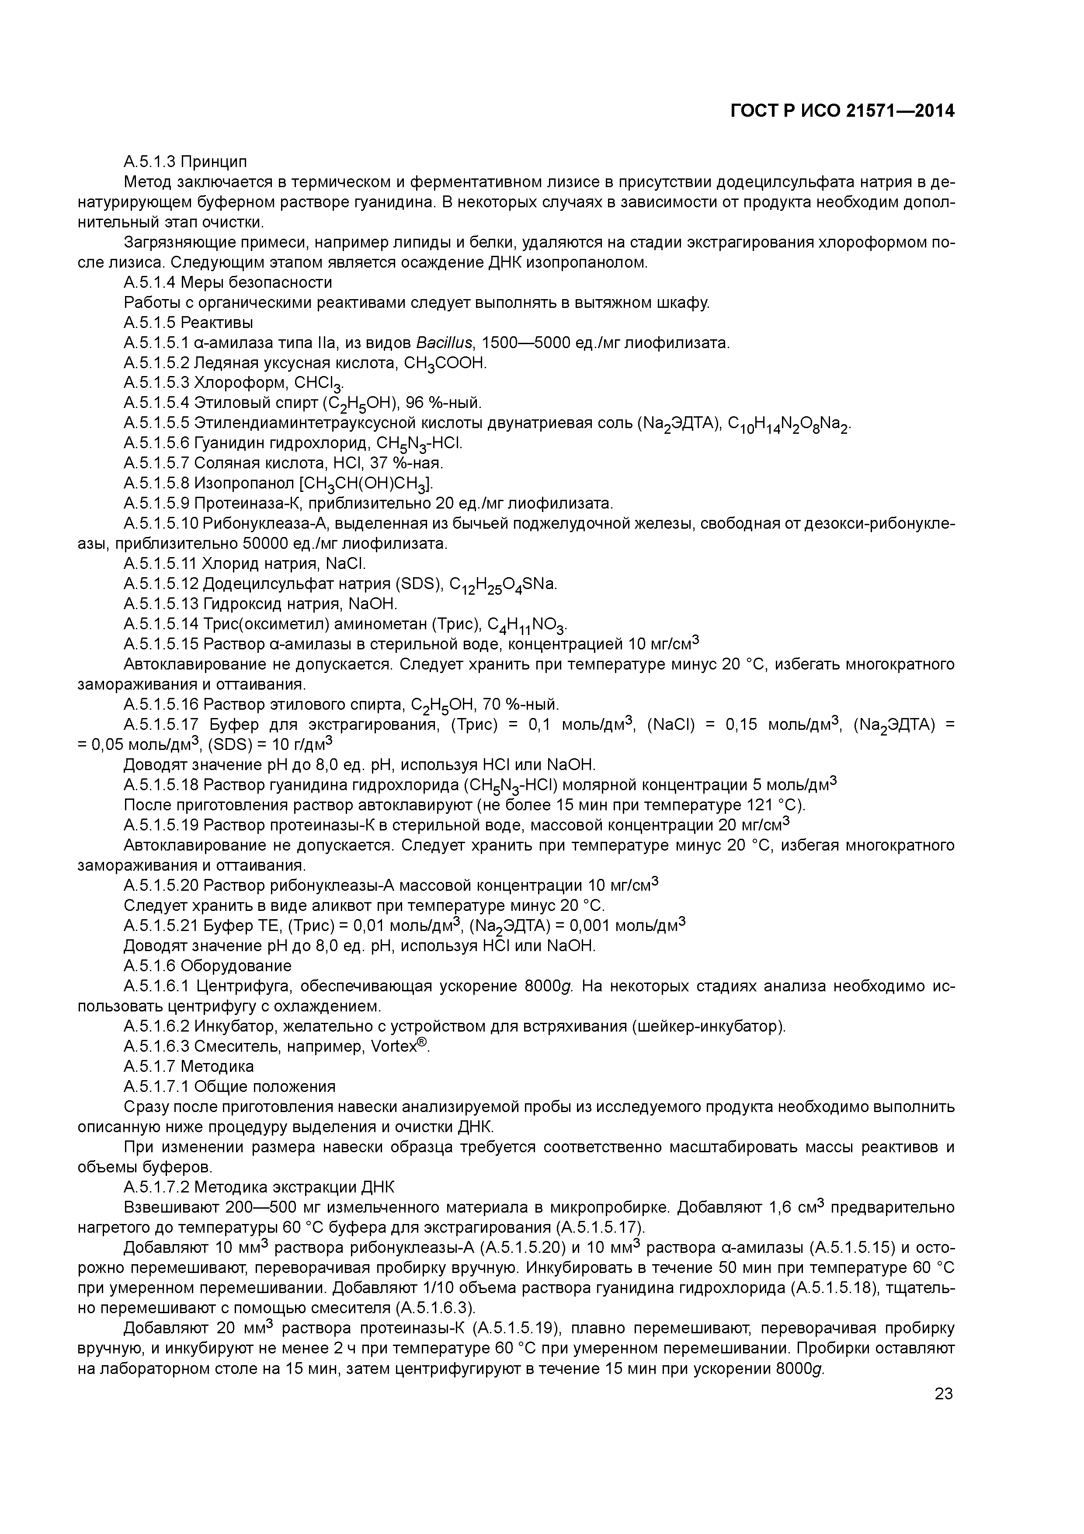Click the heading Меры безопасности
pyautogui.click(x=257, y=282)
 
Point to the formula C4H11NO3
pyautogui.click(x=528, y=625)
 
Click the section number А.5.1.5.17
pyautogui.click(x=162, y=725)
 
